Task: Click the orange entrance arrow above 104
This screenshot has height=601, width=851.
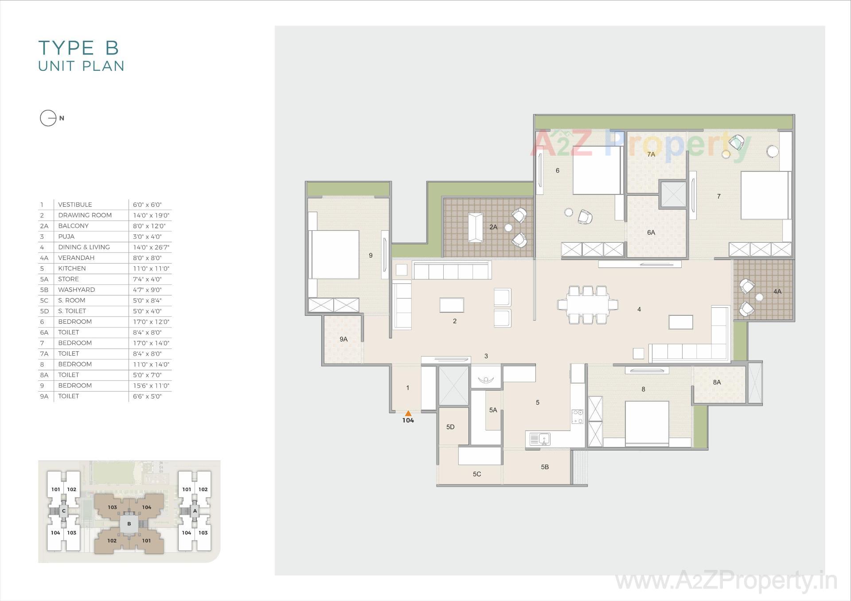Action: [408, 413]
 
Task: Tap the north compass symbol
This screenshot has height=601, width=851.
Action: [48, 118]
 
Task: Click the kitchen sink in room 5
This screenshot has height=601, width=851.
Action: [539, 439]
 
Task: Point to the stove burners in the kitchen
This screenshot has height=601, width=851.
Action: [578, 417]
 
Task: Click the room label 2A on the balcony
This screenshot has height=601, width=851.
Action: [493, 227]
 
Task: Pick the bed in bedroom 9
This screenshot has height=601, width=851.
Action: [334, 255]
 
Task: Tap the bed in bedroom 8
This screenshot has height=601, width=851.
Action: [647, 422]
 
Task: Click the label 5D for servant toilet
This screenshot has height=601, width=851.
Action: [450, 427]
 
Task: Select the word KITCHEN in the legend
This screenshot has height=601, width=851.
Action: [72, 268]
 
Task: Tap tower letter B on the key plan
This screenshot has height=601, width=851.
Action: [129, 523]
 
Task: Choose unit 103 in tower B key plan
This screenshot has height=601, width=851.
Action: [112, 508]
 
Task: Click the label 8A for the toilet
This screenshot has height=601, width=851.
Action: [717, 383]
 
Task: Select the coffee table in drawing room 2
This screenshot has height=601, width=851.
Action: [452, 305]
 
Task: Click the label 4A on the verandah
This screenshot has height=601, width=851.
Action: [777, 291]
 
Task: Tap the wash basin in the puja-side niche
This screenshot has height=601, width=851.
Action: [486, 379]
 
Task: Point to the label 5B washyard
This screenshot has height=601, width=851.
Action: [545, 467]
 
